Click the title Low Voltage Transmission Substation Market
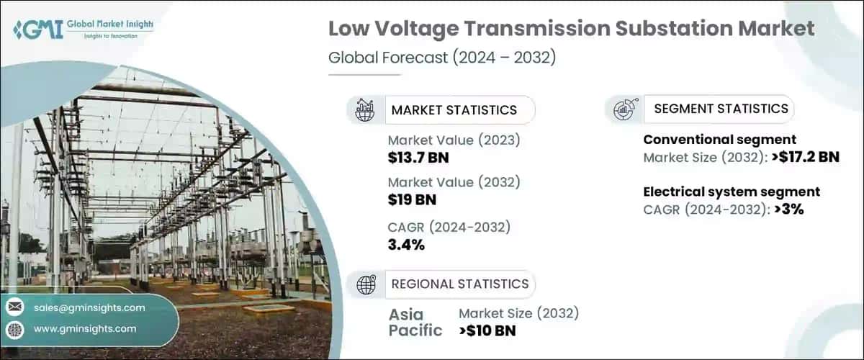click(x=572, y=30)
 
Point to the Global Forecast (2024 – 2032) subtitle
click(x=442, y=58)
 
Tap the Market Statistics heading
click(x=454, y=110)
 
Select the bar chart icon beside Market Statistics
click(x=365, y=109)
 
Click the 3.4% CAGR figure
click(x=406, y=245)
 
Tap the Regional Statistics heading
click(x=459, y=284)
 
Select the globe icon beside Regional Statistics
click(x=366, y=284)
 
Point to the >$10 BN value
click(x=487, y=330)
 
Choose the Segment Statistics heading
click(x=721, y=109)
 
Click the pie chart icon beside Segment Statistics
click(x=623, y=109)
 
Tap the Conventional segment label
click(x=719, y=140)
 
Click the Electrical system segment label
click(x=732, y=192)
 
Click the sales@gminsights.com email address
click(x=89, y=307)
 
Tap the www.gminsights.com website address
click(x=85, y=329)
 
